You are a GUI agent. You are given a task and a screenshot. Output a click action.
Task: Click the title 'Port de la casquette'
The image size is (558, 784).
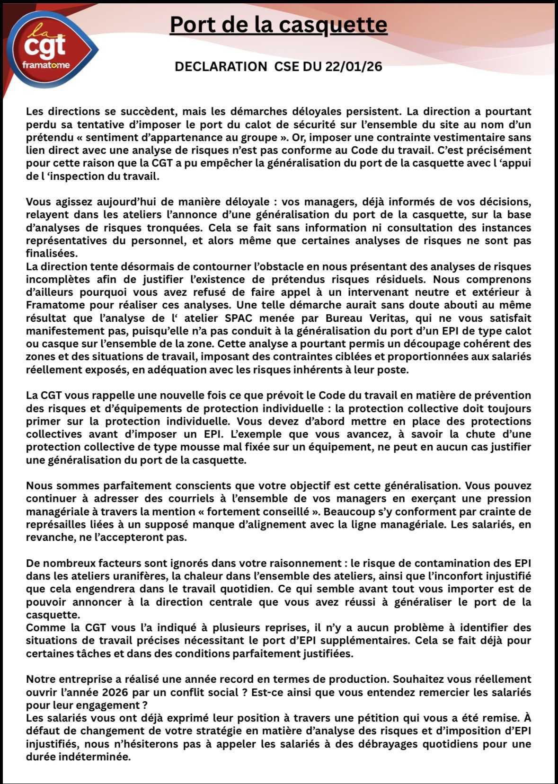(278, 25)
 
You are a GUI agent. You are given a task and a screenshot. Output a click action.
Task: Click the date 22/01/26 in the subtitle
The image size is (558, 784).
(353, 67)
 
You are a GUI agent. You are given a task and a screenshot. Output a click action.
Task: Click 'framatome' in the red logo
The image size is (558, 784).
(46, 65)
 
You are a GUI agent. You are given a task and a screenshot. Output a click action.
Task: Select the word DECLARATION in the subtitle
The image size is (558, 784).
(221, 67)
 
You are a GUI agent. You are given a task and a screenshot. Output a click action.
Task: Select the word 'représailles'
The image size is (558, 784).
(56, 525)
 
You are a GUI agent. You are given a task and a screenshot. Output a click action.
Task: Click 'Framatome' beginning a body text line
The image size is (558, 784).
(55, 305)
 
